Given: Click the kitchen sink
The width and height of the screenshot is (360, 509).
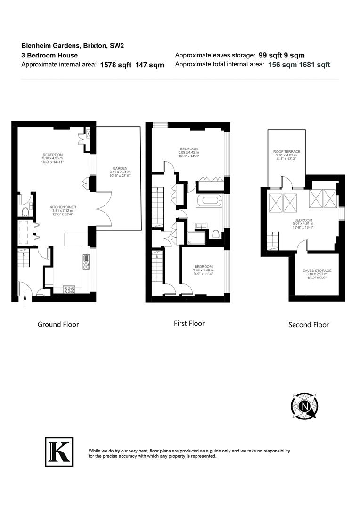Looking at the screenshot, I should click(86, 262).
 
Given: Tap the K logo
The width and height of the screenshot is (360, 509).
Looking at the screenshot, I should click(59, 452).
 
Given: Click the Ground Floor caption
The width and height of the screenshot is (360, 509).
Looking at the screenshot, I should click(58, 324).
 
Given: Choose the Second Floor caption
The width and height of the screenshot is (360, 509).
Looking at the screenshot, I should click(309, 324).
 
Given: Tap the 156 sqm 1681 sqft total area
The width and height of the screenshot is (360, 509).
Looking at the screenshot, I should click(299, 65).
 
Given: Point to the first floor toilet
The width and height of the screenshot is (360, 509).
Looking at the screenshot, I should click(215, 234).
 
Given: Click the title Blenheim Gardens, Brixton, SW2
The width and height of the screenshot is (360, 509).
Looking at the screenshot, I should click(73, 46).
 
